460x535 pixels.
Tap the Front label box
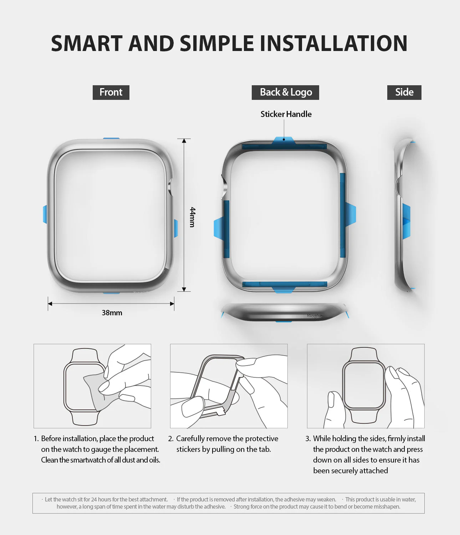111,92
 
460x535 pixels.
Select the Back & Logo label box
285,92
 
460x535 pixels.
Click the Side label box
404,92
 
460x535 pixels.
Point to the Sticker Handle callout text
286,114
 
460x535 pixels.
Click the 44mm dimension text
193,217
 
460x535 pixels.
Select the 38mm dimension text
112,313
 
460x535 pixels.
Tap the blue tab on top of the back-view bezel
284,140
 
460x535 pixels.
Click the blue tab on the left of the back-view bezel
218,228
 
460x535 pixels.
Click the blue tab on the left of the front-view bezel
45,214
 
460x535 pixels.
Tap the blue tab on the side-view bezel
407,221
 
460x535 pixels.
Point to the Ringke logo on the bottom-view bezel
315,316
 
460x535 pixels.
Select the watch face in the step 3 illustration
363,385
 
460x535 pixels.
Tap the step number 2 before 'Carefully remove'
170,439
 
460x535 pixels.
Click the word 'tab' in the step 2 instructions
264,449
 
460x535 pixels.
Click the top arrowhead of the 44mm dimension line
184,141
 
